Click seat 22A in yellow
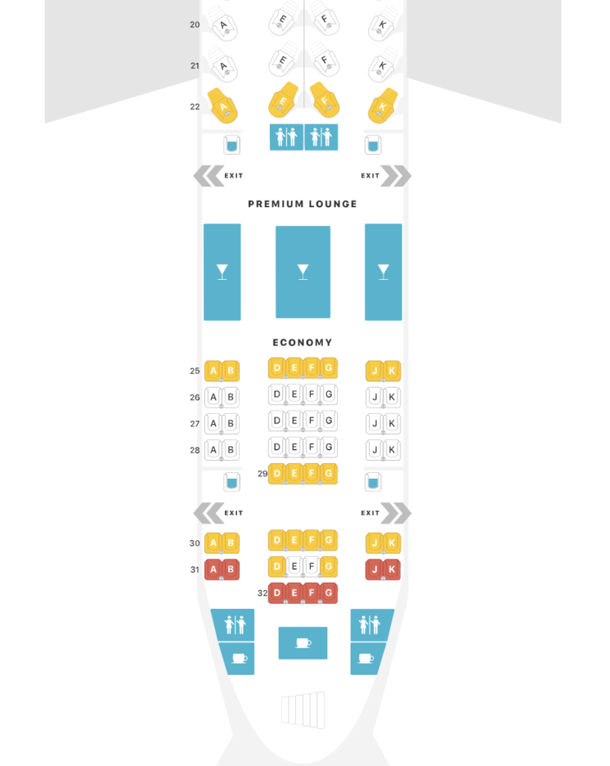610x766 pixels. [x=223, y=105]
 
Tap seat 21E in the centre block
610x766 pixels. [x=283, y=61]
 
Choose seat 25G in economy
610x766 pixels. [x=329, y=368]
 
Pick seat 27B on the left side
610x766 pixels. [x=231, y=423]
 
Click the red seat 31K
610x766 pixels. [x=392, y=569]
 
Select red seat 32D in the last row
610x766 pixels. [x=277, y=593]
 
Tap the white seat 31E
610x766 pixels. [x=295, y=567]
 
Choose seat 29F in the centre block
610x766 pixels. [x=311, y=474]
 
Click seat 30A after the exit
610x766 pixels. [x=213, y=543]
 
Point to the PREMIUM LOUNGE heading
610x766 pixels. [x=303, y=203]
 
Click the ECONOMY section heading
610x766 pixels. [x=303, y=343]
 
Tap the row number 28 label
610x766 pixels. [x=194, y=450]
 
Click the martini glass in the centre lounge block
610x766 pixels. [x=303, y=272]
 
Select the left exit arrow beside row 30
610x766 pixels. [x=209, y=513]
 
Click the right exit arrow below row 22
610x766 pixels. [x=395, y=176]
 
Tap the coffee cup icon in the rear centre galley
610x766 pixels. [x=303, y=643]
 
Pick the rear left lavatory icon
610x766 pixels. [x=235, y=625]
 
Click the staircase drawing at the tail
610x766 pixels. [x=303, y=710]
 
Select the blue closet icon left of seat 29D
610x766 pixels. [x=232, y=482]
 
